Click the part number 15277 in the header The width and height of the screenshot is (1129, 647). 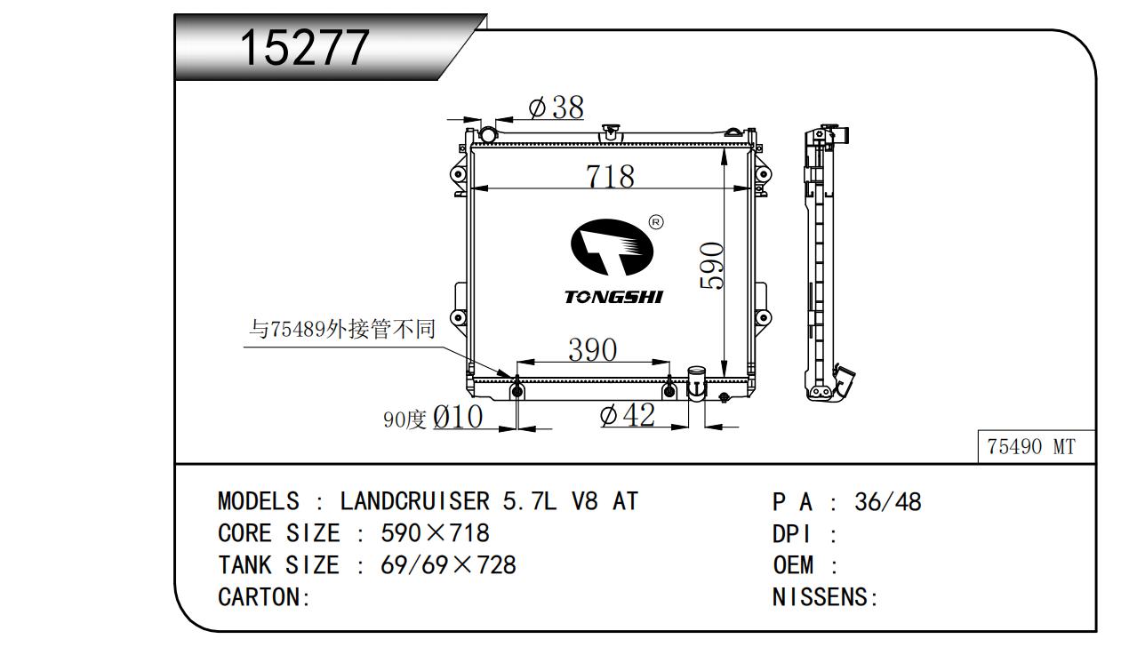[304, 47]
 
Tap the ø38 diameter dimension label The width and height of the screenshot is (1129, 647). [556, 107]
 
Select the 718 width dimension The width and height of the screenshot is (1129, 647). [610, 176]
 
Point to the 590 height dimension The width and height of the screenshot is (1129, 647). [712, 266]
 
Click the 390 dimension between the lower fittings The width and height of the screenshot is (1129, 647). [593, 349]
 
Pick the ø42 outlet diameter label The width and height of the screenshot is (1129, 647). [628, 415]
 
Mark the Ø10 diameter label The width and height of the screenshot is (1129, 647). [458, 417]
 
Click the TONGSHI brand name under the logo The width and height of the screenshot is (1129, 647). [613, 298]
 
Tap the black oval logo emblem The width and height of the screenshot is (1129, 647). [612, 247]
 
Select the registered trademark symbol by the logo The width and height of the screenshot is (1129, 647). [656, 222]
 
